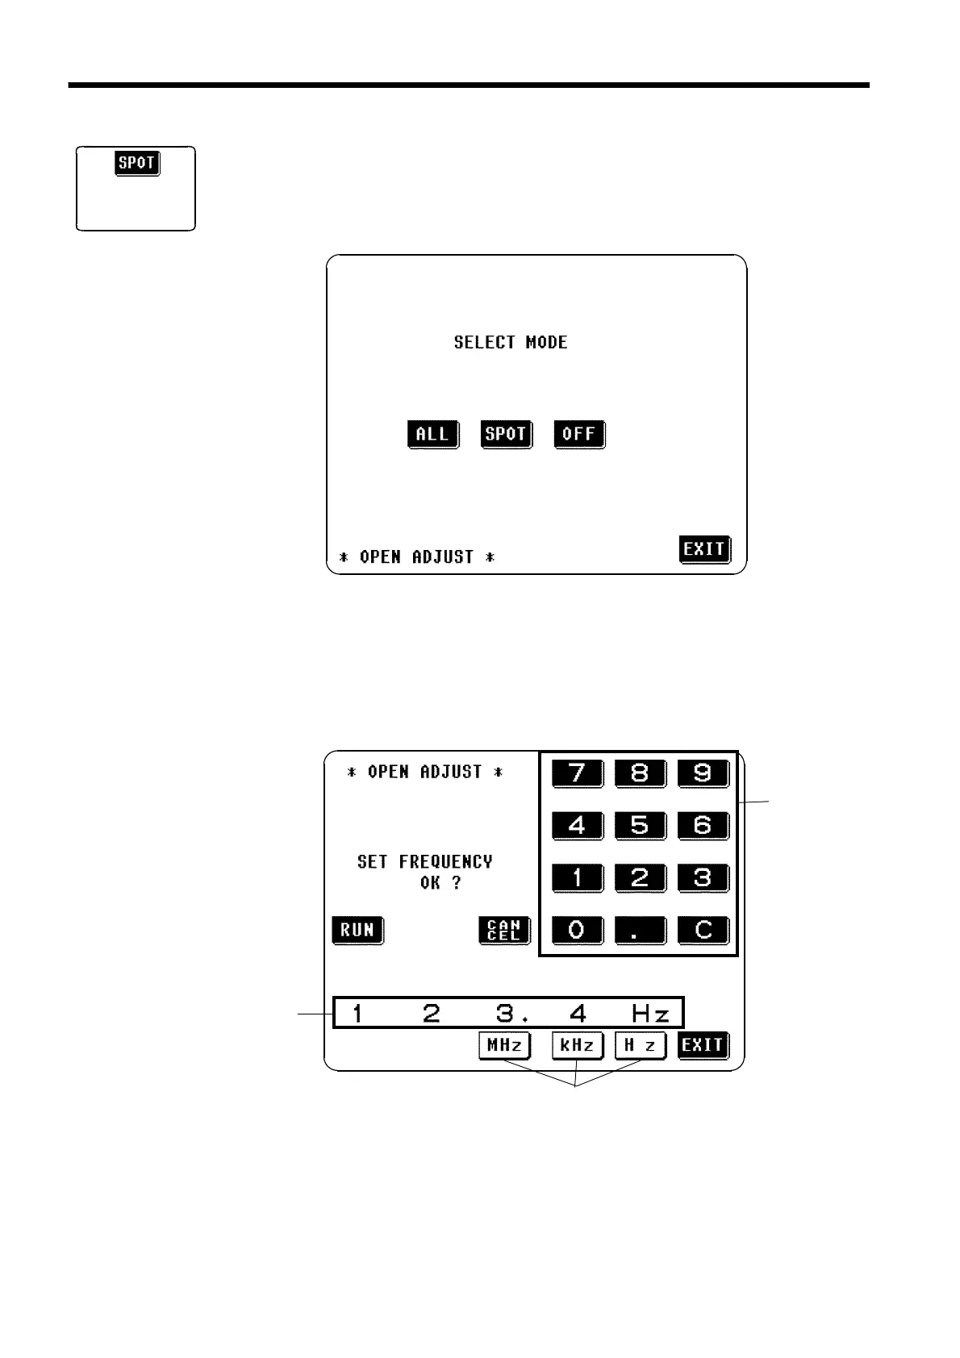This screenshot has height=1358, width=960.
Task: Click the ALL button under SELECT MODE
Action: pyautogui.click(x=432, y=434)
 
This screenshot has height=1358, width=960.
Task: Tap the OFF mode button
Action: pyautogui.click(x=578, y=434)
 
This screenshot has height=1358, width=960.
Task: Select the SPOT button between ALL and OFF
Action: pyautogui.click(x=506, y=434)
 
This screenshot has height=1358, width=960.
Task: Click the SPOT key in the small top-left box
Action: pyautogui.click(x=136, y=163)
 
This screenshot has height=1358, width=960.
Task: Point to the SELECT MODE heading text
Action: pyautogui.click(x=511, y=342)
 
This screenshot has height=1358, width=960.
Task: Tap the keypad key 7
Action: pyautogui.click(x=577, y=773)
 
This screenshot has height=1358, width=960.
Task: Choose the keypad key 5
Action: pyautogui.click(x=640, y=826)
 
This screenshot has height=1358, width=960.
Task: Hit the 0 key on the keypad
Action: pyautogui.click(x=577, y=930)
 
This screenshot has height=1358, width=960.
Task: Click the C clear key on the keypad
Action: pyautogui.click(x=703, y=930)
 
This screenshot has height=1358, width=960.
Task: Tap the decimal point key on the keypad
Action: pyautogui.click(x=640, y=930)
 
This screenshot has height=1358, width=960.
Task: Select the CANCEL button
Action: pyautogui.click(x=504, y=930)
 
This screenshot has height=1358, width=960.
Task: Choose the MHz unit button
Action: pyautogui.click(x=504, y=1045)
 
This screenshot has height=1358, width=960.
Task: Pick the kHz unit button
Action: pyautogui.click(x=577, y=1045)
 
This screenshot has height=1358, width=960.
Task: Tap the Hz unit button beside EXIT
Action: pyautogui.click(x=640, y=1045)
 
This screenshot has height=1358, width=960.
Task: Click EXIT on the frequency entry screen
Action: pyautogui.click(x=703, y=1045)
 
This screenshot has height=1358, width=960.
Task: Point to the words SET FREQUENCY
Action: pyautogui.click(x=424, y=861)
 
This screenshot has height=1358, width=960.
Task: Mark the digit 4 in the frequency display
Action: pyautogui.click(x=578, y=1013)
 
